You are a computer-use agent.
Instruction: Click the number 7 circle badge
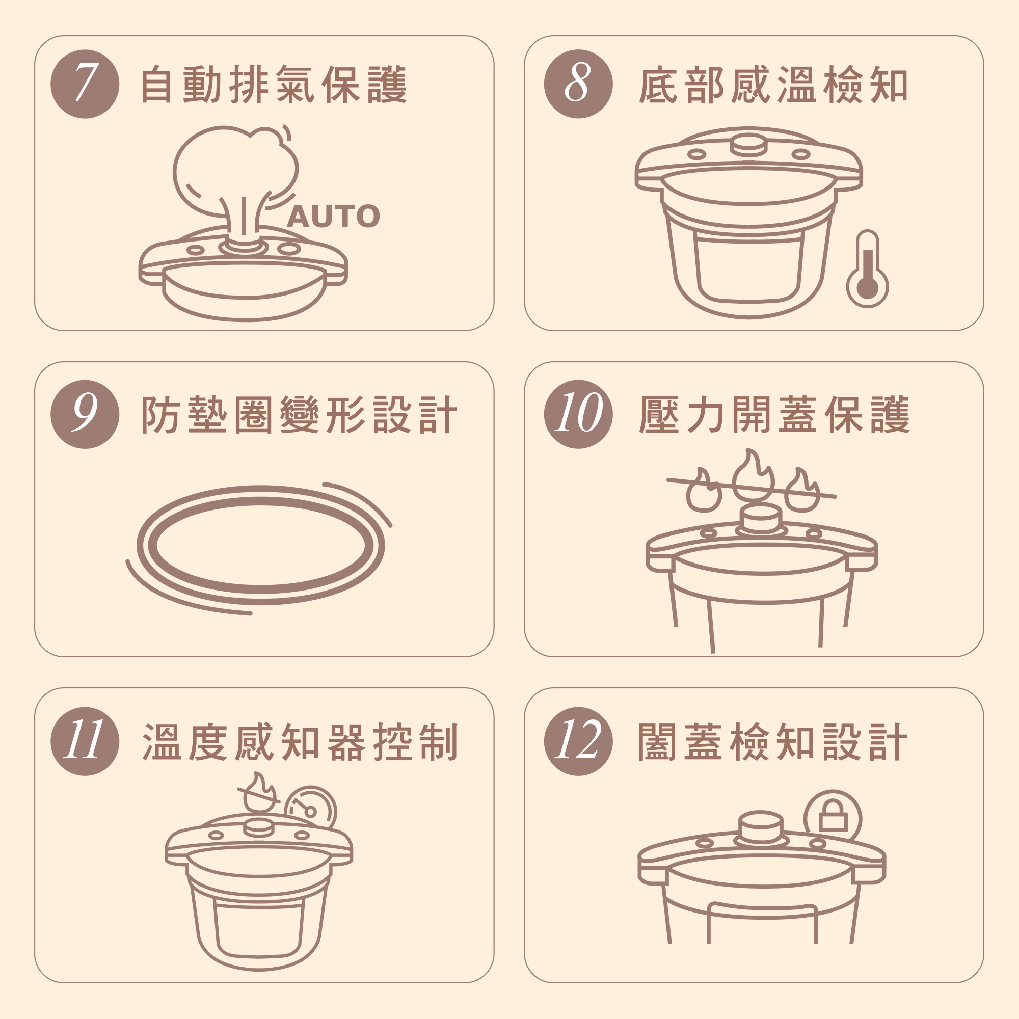[x=85, y=84]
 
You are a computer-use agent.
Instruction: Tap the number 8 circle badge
[x=578, y=84]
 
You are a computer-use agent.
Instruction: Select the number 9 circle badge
[x=85, y=414]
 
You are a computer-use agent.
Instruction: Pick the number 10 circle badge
[x=578, y=414]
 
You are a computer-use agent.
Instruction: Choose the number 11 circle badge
[x=85, y=741]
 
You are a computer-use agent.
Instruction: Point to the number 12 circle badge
[x=578, y=741]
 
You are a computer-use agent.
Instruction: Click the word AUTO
[x=333, y=216]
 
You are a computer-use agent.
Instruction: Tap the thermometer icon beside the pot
[x=867, y=269]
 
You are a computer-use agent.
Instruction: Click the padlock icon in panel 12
[x=833, y=818]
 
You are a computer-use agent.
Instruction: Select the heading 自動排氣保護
[x=274, y=85]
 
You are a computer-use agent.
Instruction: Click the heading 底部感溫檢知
[x=773, y=85]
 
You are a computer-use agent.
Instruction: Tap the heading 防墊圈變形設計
[x=299, y=415]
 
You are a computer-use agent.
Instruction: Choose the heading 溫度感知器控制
[x=300, y=742]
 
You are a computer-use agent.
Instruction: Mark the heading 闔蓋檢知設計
[x=773, y=742]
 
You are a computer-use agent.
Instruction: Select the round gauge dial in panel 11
[x=310, y=809]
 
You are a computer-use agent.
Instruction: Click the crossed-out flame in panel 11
[x=258, y=793]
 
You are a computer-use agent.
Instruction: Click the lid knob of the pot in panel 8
[x=748, y=145]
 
